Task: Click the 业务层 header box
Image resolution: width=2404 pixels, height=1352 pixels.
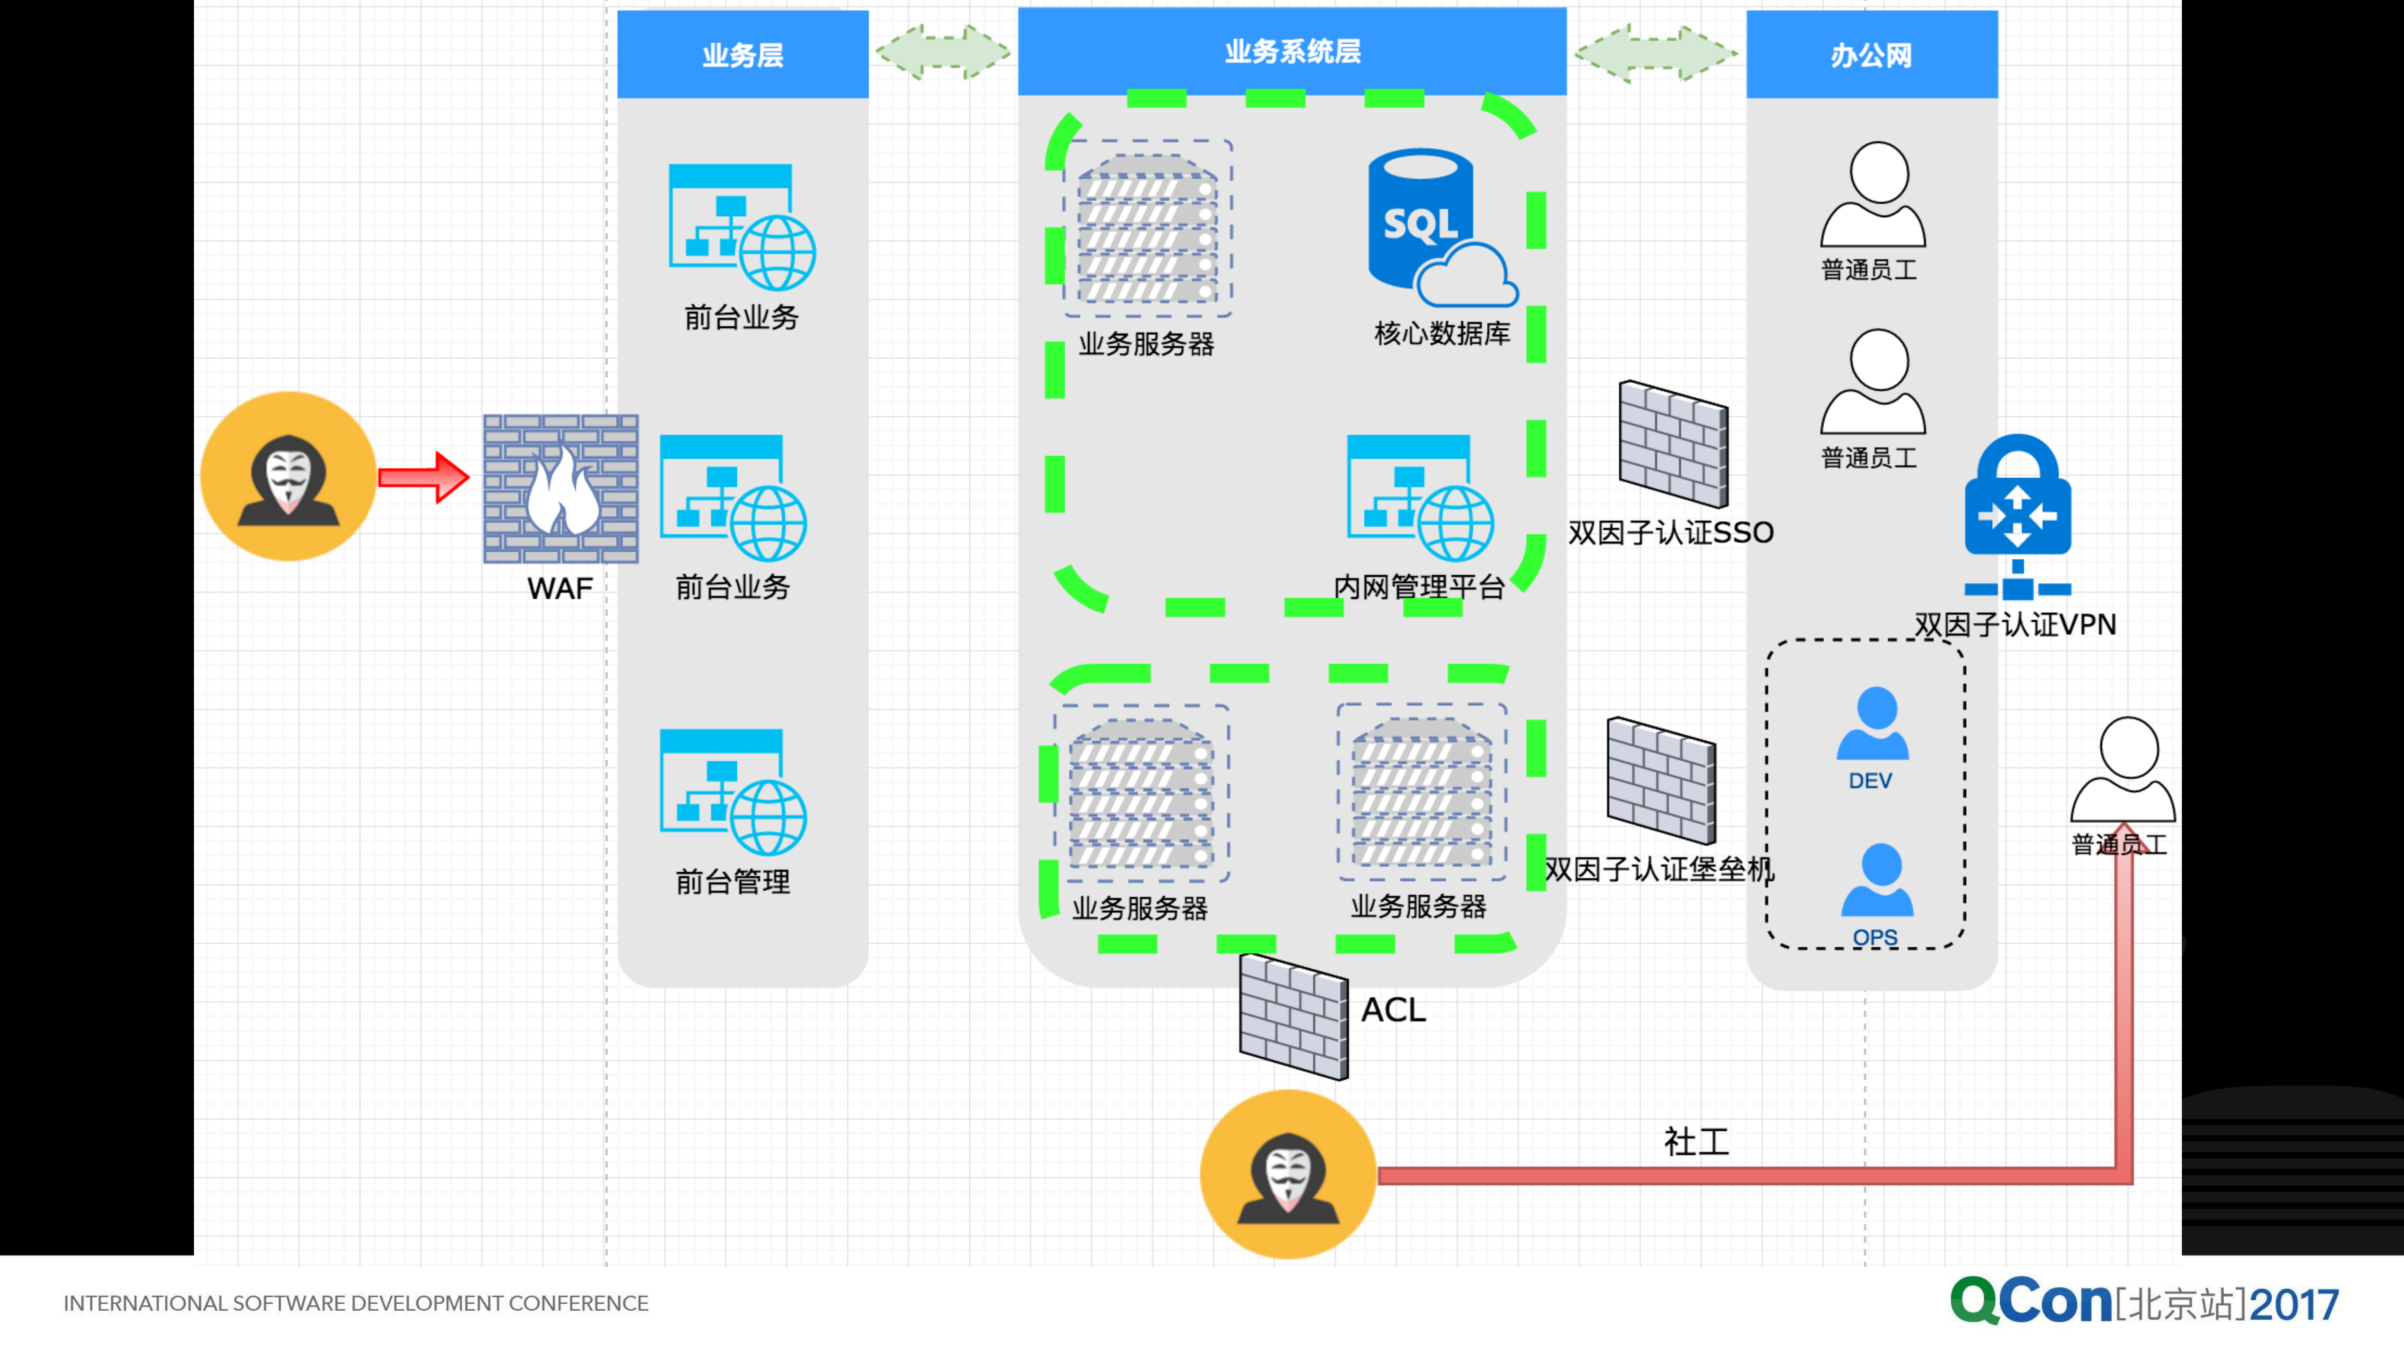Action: click(x=743, y=54)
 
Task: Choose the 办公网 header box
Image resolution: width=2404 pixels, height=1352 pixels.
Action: click(x=1871, y=54)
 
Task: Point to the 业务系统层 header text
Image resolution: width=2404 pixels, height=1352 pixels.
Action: click(x=1292, y=51)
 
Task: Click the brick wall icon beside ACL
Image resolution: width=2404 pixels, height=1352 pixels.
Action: click(x=1293, y=1017)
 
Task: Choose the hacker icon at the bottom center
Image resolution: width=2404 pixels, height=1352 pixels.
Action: click(x=1288, y=1174)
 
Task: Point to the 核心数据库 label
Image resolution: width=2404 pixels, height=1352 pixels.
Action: click(x=1442, y=333)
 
